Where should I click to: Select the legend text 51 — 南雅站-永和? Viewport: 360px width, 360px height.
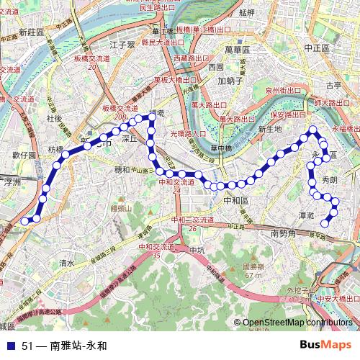point(64,345)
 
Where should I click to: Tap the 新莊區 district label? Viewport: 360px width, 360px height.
point(32,32)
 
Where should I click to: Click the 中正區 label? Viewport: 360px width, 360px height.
point(316,47)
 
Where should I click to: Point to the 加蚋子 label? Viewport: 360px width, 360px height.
point(231,81)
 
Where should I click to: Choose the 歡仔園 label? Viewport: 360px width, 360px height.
point(23,155)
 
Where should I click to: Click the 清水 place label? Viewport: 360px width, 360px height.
point(68,264)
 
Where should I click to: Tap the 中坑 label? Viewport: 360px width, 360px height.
point(196,250)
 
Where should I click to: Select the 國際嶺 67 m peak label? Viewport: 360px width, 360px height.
point(252,270)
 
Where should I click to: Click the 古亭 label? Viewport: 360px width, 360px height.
point(333,84)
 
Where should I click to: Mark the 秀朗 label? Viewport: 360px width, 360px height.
point(329,179)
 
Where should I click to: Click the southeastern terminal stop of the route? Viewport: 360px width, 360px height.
point(325,222)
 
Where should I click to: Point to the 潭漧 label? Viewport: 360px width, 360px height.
point(305,215)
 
